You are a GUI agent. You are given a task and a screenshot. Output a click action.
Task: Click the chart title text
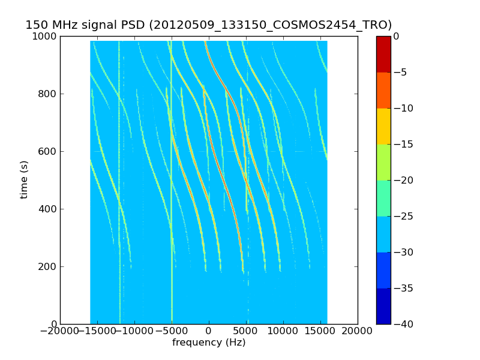[208, 25]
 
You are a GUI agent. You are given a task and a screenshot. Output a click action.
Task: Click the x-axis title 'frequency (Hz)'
[209, 343]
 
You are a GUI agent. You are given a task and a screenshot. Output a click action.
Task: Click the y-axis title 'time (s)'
[25, 179]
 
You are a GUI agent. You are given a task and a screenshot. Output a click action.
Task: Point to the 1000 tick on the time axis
[46, 37]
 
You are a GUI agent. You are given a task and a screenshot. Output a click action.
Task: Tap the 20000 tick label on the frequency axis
[358, 331]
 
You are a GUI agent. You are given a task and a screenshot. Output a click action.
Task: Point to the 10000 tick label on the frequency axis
[283, 331]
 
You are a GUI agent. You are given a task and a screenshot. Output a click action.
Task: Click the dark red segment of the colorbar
[383, 54]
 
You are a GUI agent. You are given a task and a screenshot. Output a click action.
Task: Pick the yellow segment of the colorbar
[383, 126]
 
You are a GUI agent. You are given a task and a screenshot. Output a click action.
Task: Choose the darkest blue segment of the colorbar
[383, 306]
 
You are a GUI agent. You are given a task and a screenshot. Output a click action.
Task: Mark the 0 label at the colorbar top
[397, 37]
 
